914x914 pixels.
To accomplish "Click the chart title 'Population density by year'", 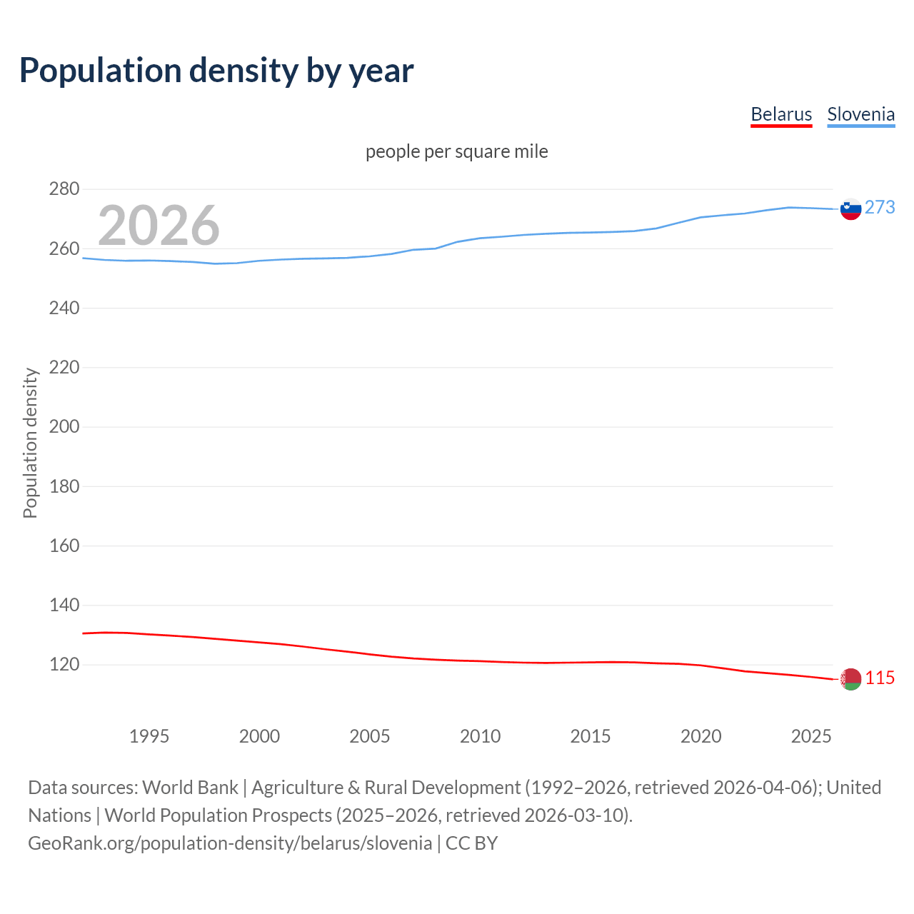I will click(x=216, y=70).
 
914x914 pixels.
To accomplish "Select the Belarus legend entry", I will click(x=781, y=114).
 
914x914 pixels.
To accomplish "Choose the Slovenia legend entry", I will click(x=860, y=114).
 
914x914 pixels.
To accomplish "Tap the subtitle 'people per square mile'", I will click(x=456, y=151).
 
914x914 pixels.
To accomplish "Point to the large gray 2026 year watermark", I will click(x=159, y=225).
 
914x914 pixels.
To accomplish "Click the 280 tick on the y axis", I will click(x=64, y=189).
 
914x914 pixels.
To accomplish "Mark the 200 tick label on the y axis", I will click(x=64, y=427).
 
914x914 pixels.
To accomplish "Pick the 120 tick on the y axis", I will click(x=64, y=665).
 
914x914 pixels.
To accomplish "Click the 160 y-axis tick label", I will click(x=64, y=546).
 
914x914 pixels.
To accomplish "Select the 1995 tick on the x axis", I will click(x=149, y=736).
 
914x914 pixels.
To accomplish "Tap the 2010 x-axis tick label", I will click(x=480, y=736).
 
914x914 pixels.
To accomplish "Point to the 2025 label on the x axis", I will click(x=811, y=736).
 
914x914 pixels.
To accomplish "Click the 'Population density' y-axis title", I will click(x=30, y=443).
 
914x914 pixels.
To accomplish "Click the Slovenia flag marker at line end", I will click(x=850, y=209).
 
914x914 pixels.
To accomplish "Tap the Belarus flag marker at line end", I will click(x=850, y=679).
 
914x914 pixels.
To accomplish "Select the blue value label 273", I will click(x=880, y=207).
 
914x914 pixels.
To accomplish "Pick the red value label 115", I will click(x=880, y=678).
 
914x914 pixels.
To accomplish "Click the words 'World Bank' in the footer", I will click(x=190, y=787).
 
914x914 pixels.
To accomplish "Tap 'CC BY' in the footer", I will click(x=471, y=843).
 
